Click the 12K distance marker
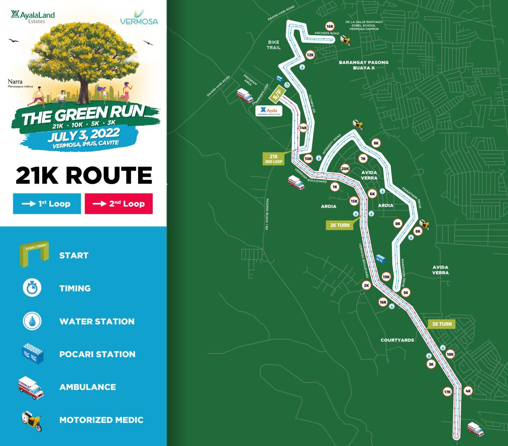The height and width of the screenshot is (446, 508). pyautogui.click(x=310, y=55)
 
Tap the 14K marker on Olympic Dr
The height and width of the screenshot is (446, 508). pyautogui.click(x=303, y=128)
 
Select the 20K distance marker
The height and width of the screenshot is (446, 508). pyautogui.click(x=345, y=169)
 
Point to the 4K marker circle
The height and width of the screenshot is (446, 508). pyautogui.click(x=468, y=391)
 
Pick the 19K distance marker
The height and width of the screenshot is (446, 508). pyautogui.click(x=386, y=277)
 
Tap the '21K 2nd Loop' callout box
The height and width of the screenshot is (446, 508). pyautogui.click(x=274, y=159)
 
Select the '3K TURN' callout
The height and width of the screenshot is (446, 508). pyautogui.click(x=340, y=225)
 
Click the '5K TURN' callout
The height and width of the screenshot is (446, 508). pyautogui.click(x=442, y=324)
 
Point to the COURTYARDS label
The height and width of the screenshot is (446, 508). pyautogui.click(x=397, y=340)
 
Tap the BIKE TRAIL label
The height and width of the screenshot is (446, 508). pyautogui.click(x=273, y=45)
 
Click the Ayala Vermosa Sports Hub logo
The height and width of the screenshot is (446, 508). pyautogui.click(x=269, y=111)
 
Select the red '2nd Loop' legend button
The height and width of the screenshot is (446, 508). pyautogui.click(x=119, y=204)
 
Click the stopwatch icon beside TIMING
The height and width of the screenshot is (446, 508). pyautogui.click(x=32, y=288)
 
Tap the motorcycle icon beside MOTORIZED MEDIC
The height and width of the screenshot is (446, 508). pyautogui.click(x=32, y=421)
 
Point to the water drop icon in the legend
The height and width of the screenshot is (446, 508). pyautogui.click(x=32, y=321)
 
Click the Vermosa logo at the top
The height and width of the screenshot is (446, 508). pyautogui.click(x=139, y=18)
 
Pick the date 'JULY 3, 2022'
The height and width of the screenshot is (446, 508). pyautogui.click(x=84, y=135)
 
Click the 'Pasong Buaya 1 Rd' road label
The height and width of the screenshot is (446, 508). pyautogui.click(x=267, y=214)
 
